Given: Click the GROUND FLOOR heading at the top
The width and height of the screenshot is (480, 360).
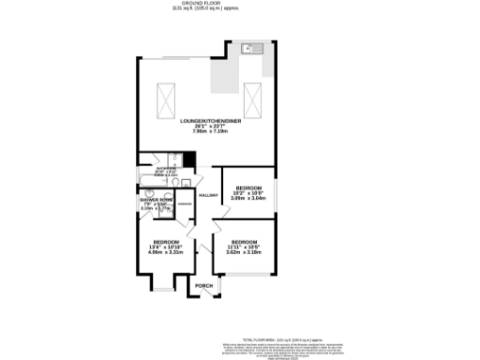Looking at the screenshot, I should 239,5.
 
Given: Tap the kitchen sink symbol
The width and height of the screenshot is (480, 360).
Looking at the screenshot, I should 249,48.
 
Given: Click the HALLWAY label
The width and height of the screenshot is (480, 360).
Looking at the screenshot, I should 208,195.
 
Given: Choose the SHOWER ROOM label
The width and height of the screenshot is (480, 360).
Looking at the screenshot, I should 157,201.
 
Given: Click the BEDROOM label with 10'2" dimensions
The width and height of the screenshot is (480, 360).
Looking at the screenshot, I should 248,187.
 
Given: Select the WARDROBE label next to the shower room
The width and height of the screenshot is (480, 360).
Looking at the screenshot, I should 186,203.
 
